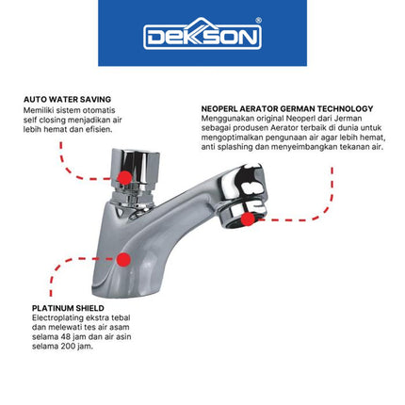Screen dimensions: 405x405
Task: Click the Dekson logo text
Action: click(x=202, y=36)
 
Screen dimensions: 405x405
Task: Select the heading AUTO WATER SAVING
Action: click(x=67, y=99)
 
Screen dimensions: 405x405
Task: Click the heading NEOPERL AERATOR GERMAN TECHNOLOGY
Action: click(x=286, y=108)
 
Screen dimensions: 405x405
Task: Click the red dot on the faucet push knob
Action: click(x=123, y=176)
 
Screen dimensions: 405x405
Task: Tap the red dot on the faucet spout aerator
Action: click(x=247, y=219)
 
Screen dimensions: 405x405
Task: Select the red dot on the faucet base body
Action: click(x=123, y=258)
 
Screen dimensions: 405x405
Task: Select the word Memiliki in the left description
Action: click(x=39, y=109)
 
